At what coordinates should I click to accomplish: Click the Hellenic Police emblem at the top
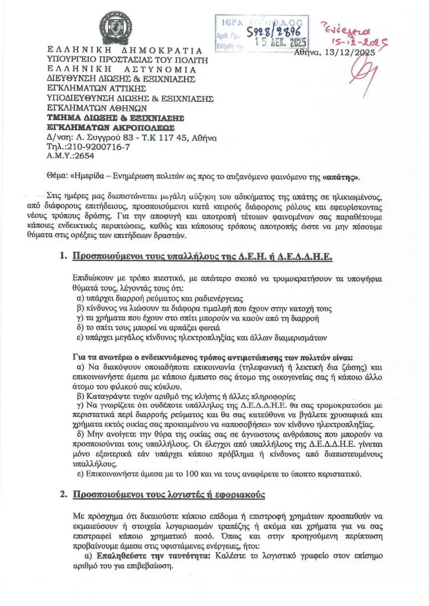[115, 27]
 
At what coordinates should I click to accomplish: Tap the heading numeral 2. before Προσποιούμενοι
[63, 493]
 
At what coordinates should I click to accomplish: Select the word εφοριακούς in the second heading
[238, 493]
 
